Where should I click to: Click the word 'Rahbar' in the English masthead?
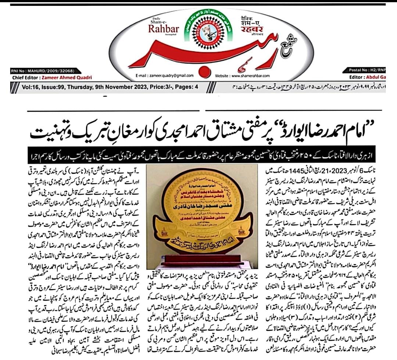164,29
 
